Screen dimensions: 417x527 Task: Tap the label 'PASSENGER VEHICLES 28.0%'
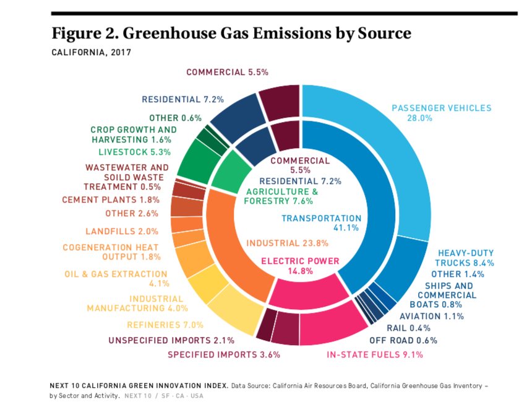(x=441, y=113)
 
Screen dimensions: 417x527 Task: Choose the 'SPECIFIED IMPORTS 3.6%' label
(x=224, y=355)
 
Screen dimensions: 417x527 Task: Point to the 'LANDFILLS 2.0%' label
(x=122, y=231)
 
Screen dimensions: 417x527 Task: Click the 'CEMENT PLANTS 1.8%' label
(x=111, y=200)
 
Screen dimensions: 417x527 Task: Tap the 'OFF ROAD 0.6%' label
(x=403, y=340)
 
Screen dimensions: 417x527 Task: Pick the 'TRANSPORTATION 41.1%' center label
(x=321, y=222)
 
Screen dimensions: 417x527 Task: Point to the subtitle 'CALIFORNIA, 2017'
(x=91, y=53)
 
